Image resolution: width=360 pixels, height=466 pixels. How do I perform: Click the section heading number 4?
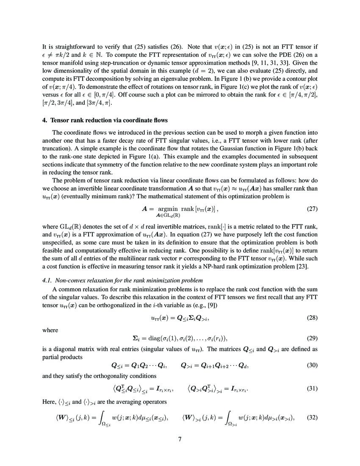pyautogui.click(x=44, y=120)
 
